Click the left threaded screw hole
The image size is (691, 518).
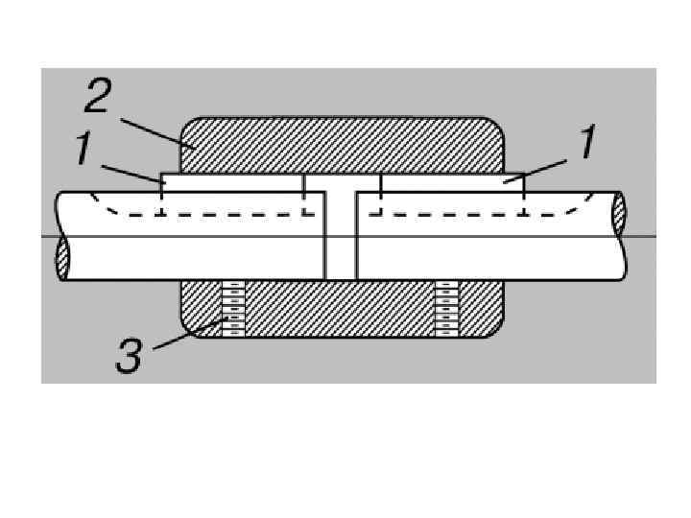coord(233,309)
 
